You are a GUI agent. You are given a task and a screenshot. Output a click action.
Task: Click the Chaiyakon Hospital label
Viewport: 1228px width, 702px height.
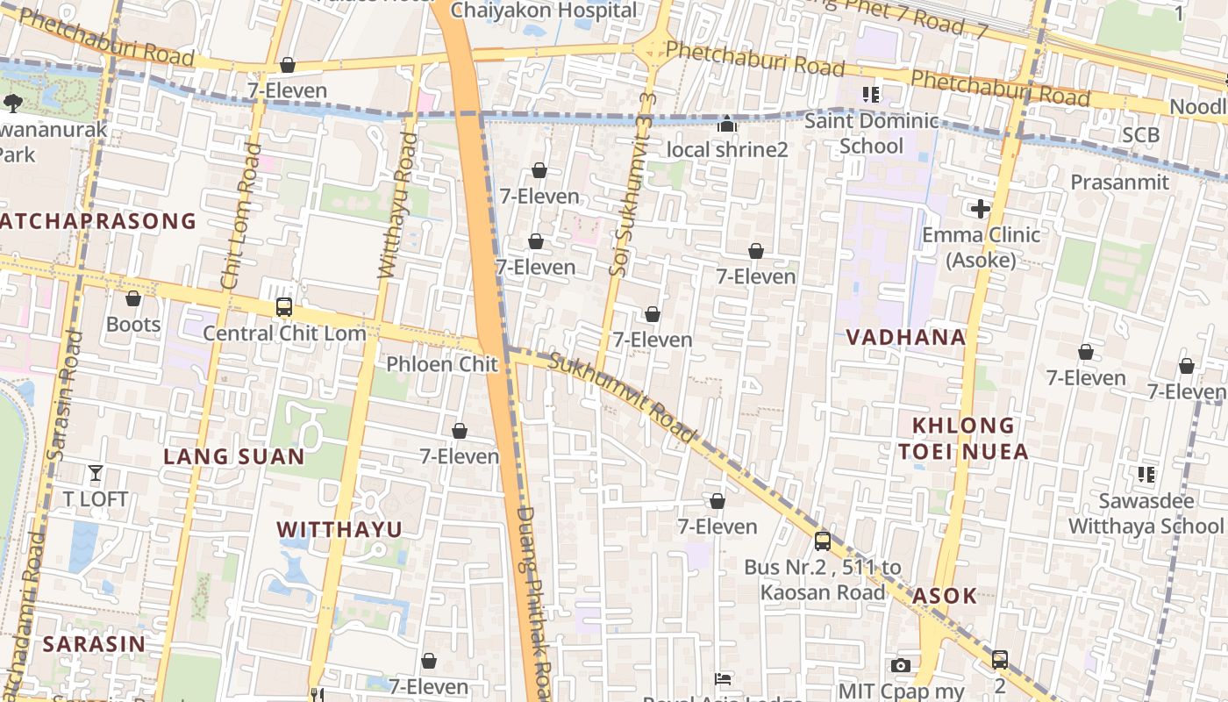coord(544,11)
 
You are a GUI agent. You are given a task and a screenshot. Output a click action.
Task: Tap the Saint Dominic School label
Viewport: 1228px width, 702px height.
coord(871,133)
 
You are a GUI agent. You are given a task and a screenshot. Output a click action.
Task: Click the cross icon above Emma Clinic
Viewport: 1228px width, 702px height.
coord(980,209)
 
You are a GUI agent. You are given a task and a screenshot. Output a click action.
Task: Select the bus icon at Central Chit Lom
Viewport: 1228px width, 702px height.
coord(284,307)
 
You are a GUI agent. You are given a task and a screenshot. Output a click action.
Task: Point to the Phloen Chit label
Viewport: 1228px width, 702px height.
coord(441,364)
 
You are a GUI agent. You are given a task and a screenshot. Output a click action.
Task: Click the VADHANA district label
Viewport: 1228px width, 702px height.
coord(906,337)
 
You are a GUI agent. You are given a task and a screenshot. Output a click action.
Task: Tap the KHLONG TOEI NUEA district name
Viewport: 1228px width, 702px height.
coord(962,439)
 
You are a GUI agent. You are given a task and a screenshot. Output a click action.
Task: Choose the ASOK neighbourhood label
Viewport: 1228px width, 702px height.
coord(944,596)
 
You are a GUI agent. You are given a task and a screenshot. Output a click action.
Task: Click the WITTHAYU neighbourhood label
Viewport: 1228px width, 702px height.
coord(339,529)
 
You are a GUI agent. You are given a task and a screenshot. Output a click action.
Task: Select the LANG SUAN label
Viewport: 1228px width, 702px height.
coord(234,456)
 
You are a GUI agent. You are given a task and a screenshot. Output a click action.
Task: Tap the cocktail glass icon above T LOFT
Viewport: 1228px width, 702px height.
coord(96,474)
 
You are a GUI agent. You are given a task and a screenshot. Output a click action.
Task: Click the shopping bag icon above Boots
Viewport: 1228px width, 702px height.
coord(133,299)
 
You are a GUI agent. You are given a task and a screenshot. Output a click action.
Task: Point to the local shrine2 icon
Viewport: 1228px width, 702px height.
coord(726,125)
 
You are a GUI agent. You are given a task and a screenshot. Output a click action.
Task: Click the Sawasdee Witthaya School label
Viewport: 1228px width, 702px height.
coord(1145,513)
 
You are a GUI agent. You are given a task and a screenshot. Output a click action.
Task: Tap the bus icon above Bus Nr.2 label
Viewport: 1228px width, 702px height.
coord(822,541)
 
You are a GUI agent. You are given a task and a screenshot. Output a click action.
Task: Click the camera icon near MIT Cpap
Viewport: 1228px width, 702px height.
coord(900,666)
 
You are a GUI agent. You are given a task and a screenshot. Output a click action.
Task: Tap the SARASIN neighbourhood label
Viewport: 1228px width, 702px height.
coord(94,643)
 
